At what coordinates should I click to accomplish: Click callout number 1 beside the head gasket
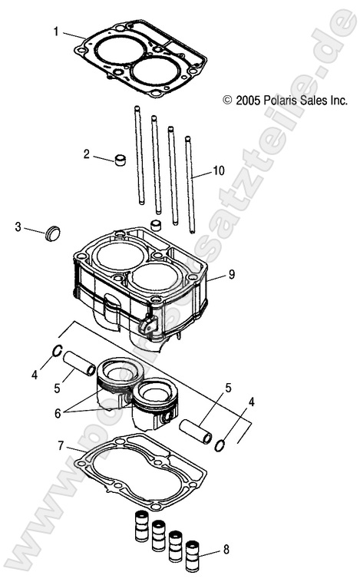coord(56,31)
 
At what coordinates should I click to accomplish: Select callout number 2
coord(88,154)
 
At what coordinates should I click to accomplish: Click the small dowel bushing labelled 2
coord(119,160)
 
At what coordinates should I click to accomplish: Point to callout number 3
coord(18,227)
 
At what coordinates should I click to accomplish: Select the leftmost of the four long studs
coord(140,157)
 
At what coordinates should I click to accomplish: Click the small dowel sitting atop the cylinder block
coord(156,226)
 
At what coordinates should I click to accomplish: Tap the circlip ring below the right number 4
coord(220,445)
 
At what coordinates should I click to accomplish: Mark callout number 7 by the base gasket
coord(61,445)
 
